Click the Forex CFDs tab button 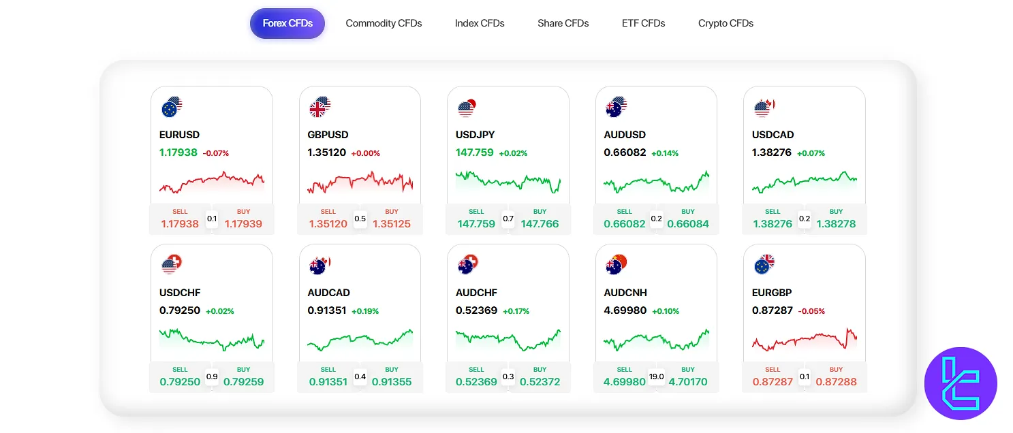(287, 23)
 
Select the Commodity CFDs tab (384, 23)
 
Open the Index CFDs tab (480, 23)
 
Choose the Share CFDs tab (563, 23)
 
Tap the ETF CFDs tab (643, 23)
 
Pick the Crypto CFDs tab (726, 23)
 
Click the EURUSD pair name (179, 135)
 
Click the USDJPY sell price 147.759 (476, 223)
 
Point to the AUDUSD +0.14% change (665, 153)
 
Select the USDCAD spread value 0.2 (805, 219)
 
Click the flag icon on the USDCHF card (172, 264)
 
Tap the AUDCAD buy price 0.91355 (392, 381)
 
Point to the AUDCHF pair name (476, 293)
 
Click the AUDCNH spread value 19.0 (657, 376)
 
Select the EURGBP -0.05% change (811, 311)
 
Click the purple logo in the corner (961, 383)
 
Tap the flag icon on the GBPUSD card (320, 107)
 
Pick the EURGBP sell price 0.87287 (773, 381)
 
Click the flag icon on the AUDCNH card (616, 264)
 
